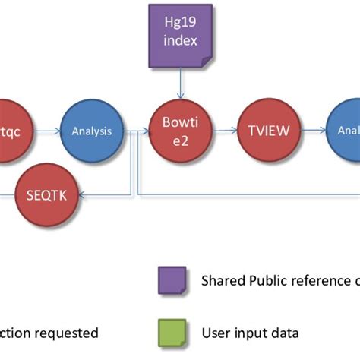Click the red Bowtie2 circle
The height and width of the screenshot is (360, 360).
[181, 130]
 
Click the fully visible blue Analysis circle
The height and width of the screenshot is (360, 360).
[91, 131]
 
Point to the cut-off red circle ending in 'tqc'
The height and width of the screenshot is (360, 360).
[12, 130]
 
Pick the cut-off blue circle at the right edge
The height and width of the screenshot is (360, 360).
[345, 130]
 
